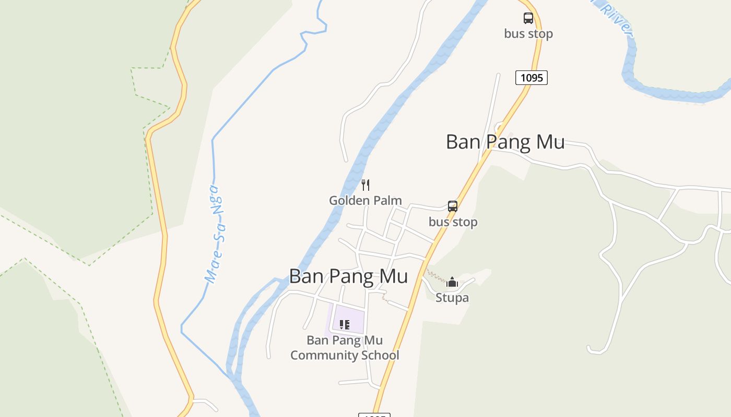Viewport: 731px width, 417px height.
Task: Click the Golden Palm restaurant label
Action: click(365, 200)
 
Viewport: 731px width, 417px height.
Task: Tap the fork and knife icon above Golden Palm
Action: click(365, 185)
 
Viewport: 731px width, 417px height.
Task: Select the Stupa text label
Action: click(452, 298)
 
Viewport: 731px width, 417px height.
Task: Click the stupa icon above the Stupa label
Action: click(452, 283)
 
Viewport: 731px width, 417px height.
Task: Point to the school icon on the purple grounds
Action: click(344, 325)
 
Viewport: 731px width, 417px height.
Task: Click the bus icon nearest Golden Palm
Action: click(453, 206)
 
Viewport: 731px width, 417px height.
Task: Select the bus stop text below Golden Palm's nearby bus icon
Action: click(453, 222)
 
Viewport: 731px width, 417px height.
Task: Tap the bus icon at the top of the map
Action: click(528, 18)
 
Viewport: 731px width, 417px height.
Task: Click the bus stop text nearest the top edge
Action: click(528, 33)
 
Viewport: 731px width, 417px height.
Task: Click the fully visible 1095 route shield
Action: click(532, 78)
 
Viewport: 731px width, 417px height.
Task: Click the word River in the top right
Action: click(616, 18)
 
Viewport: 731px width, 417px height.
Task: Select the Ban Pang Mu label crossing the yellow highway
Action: click(505, 142)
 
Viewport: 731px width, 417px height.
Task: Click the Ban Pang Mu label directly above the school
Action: click(348, 276)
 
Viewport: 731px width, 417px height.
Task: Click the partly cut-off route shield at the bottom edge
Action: click(374, 415)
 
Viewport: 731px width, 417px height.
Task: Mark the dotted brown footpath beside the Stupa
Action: click(434, 274)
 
